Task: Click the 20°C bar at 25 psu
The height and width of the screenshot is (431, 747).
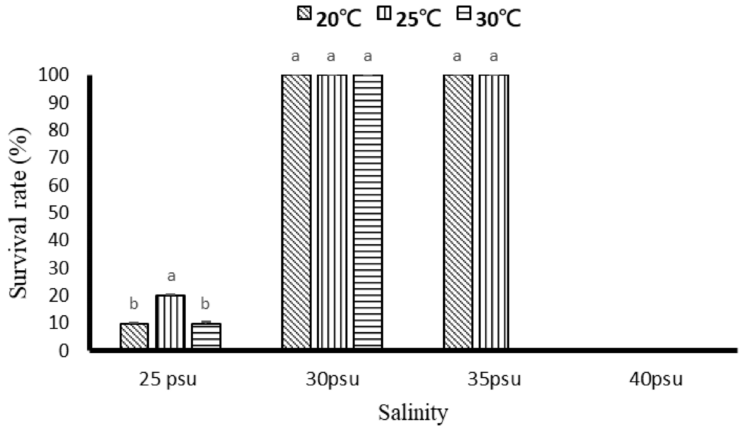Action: [x=134, y=336]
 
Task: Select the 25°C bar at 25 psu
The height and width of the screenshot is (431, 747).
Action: [x=170, y=322]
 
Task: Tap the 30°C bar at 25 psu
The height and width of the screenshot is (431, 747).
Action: [x=206, y=336]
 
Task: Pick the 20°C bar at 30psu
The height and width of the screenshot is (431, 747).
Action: [x=296, y=212]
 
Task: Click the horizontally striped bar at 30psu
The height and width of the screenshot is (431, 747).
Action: [x=368, y=212]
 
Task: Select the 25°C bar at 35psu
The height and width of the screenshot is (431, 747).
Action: [x=494, y=212]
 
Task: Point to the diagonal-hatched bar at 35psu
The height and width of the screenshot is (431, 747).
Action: [x=458, y=212]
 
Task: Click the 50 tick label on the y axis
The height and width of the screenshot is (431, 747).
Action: [x=58, y=213]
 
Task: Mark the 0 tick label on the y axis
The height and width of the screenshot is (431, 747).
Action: [x=63, y=351]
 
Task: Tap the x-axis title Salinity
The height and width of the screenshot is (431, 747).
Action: [x=413, y=413]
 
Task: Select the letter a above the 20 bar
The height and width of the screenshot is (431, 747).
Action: [x=171, y=276]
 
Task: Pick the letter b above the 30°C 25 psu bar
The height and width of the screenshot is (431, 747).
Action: [x=205, y=304]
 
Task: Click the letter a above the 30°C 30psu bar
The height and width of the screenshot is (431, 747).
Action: [x=367, y=56]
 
